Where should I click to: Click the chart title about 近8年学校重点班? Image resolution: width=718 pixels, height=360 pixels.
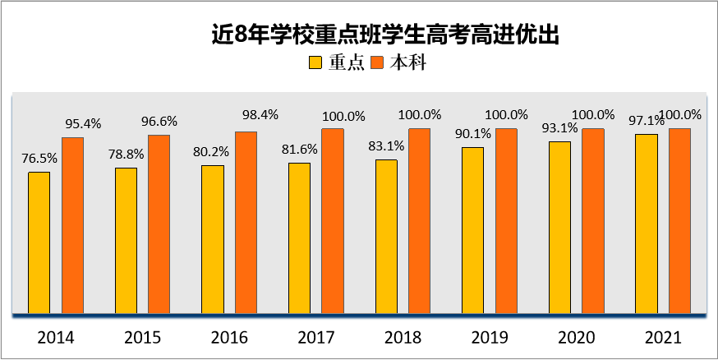[384, 35]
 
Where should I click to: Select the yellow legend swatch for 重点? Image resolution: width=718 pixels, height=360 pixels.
[315, 63]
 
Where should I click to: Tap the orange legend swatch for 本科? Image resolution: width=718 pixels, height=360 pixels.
[378, 63]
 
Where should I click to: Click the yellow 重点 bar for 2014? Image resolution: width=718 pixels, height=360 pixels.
[39, 242]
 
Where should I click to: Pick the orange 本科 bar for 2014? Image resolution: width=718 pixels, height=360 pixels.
[73, 225]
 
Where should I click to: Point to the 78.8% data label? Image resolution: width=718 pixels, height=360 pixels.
[126, 154]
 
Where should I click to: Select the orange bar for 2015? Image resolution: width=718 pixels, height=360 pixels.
[159, 224]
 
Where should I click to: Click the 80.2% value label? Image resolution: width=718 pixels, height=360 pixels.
[212, 151]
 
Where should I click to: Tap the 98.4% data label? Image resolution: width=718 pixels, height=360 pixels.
[246, 114]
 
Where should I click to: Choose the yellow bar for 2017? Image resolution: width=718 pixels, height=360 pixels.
[299, 238]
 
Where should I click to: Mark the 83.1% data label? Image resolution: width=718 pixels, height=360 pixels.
[386, 145]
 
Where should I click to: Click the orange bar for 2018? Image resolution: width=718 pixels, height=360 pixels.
[419, 221]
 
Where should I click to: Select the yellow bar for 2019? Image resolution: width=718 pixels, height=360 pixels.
[472, 230]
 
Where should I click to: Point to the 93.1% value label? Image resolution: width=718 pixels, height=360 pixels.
[559, 127]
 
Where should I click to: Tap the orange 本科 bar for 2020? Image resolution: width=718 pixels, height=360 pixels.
[593, 221]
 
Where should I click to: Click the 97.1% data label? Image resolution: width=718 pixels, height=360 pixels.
[647, 120]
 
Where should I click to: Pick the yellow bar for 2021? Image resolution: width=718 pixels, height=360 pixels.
[647, 224]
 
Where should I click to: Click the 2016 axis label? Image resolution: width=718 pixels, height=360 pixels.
[229, 337]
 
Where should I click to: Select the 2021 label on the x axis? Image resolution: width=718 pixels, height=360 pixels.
[662, 337]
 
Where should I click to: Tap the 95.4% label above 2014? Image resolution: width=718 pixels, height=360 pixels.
[82, 124]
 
